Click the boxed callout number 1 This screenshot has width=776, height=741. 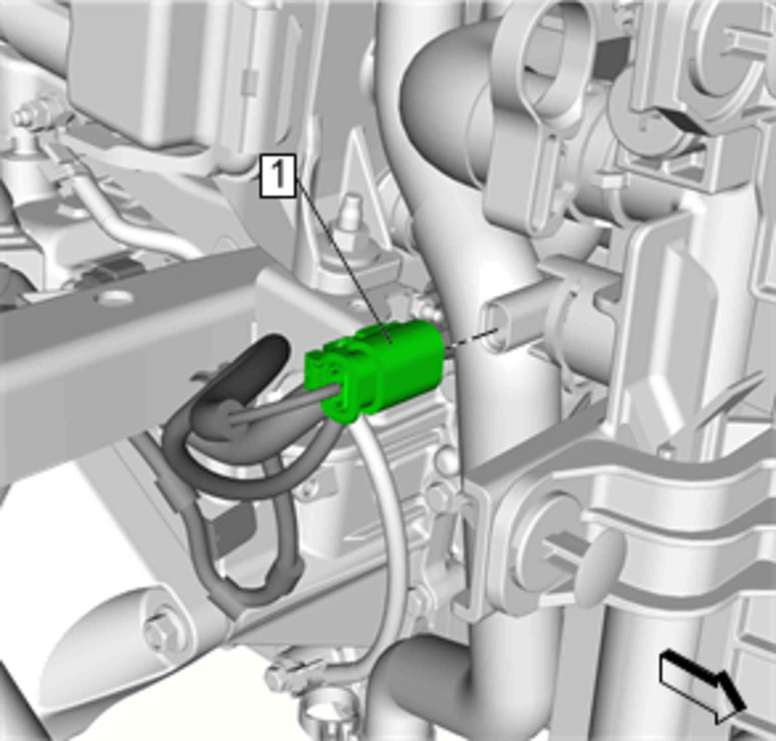[278, 176]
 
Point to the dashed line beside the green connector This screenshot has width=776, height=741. [473, 339]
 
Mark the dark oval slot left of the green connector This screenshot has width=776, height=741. [255, 366]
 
